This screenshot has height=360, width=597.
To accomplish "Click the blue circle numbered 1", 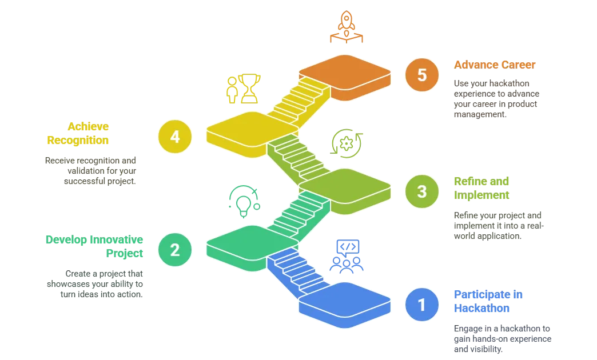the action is [422, 304].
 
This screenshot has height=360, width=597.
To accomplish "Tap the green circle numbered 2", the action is [175, 249].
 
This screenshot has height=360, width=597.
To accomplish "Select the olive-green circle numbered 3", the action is [422, 191].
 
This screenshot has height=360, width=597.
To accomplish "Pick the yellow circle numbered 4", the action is [175, 136].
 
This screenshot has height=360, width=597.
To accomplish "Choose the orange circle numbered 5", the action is [422, 75].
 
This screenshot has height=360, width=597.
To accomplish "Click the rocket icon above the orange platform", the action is [346, 26].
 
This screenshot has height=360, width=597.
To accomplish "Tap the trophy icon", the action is [249, 88].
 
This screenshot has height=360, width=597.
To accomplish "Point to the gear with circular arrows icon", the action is [346, 143].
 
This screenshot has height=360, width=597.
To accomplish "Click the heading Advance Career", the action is [495, 65].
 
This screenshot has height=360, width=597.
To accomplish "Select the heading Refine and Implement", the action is [481, 189].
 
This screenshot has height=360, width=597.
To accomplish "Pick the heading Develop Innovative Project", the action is [94, 247].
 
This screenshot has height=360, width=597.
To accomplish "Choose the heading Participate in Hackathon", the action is [488, 302].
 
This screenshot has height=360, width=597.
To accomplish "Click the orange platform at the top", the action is [345, 73].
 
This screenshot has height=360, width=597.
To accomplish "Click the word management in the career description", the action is [479, 115].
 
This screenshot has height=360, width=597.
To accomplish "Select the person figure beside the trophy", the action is [232, 90].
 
